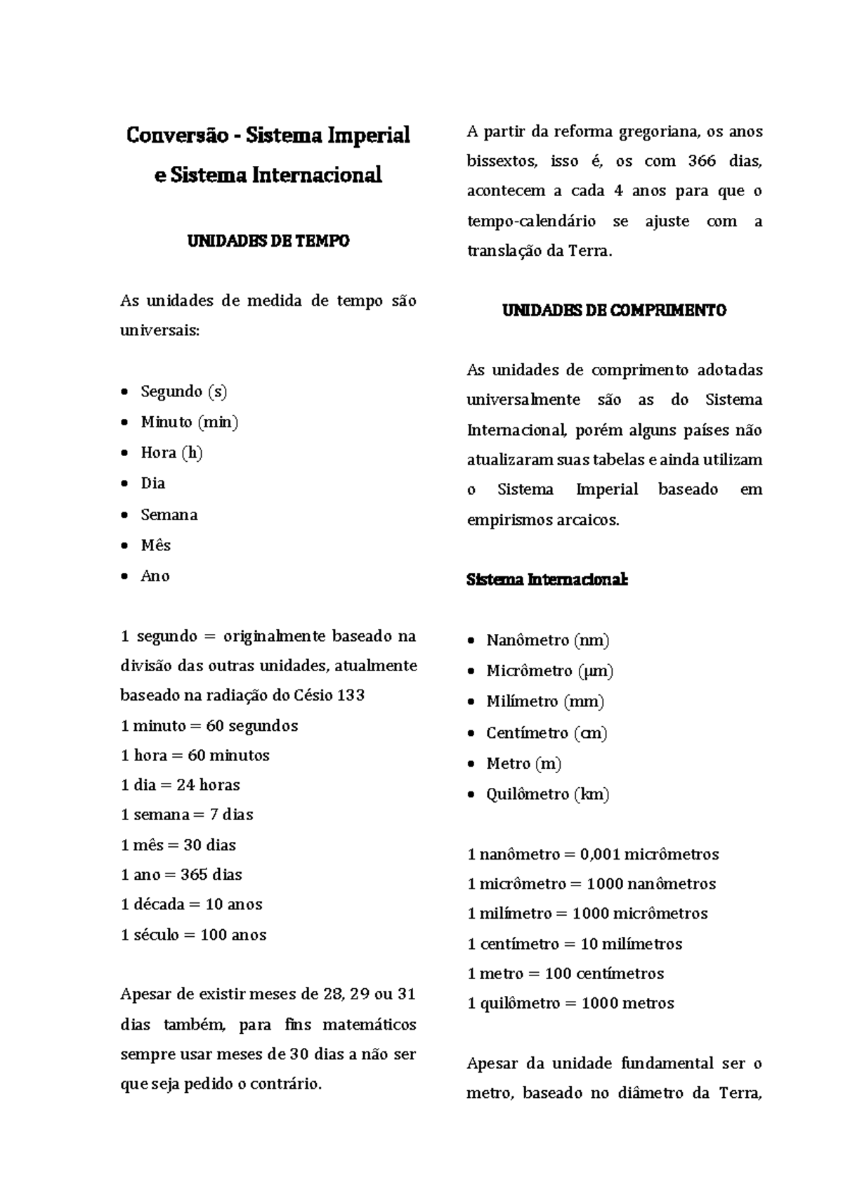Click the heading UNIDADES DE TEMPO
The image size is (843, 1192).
point(268,241)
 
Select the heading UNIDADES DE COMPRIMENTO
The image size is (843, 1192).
point(614,311)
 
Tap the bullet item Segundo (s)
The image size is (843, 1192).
point(183,391)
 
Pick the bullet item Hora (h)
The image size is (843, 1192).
point(171,453)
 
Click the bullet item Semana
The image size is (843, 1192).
point(169,514)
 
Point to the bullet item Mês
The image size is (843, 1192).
point(155,545)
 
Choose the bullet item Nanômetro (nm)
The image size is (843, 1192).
point(547,640)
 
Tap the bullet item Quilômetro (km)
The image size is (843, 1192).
point(547,794)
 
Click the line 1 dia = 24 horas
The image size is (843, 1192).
point(181,785)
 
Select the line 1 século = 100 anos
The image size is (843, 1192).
point(194,935)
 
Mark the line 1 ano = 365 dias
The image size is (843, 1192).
point(181,875)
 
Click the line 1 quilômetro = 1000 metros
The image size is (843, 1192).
point(570,1004)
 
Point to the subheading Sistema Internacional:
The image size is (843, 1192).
point(547,581)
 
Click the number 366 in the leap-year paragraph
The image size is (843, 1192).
point(702,162)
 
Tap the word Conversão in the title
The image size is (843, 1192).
point(176,135)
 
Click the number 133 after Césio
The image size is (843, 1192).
point(351,696)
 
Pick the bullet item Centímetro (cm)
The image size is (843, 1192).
point(547,733)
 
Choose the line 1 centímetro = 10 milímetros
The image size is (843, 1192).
point(575,944)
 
